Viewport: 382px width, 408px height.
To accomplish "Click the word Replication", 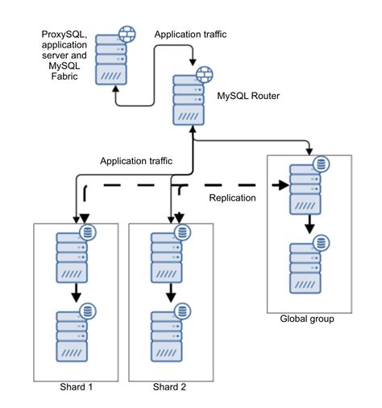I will pos(232,198).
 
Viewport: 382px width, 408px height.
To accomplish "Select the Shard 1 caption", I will pos(77,387).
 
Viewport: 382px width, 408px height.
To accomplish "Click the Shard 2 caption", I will pos(169,387).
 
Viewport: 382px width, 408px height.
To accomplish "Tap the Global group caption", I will pos(306,319).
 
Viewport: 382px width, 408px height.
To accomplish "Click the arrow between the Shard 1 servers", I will pos(76,292).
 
